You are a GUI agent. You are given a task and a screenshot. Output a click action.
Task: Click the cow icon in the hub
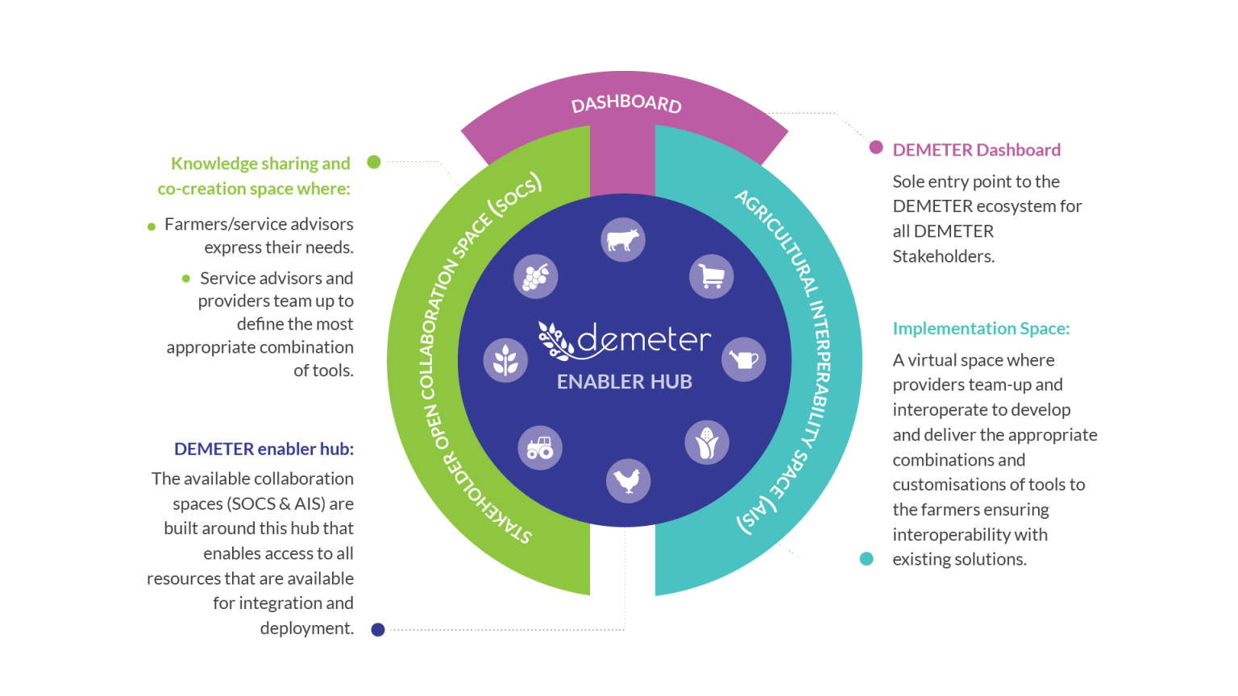pyautogui.click(x=623, y=240)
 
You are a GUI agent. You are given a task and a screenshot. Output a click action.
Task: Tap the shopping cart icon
pyautogui.click(x=712, y=276)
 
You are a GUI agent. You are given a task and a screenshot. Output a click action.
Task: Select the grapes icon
pyautogui.click(x=535, y=276)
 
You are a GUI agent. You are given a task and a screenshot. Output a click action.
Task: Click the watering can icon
pyautogui.click(x=743, y=359)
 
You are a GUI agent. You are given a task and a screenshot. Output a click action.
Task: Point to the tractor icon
pyautogui.click(x=540, y=447)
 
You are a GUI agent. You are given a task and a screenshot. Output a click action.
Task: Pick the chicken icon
pyautogui.click(x=628, y=481)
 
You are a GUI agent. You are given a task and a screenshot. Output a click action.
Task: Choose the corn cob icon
pyautogui.click(x=707, y=442)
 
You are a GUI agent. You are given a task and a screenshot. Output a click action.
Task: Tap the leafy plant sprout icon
pyautogui.click(x=505, y=360)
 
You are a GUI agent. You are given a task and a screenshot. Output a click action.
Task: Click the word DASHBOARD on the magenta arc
pyautogui.click(x=626, y=104)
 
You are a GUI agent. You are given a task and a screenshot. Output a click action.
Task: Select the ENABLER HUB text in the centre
pyautogui.click(x=624, y=382)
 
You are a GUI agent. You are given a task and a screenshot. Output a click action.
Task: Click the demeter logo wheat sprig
pyautogui.click(x=555, y=342)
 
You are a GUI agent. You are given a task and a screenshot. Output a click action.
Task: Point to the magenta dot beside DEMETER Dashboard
pyautogui.click(x=875, y=147)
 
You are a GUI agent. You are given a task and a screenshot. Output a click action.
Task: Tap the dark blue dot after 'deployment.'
pyautogui.click(x=377, y=630)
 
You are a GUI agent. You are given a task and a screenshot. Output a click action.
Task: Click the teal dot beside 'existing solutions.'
pyautogui.click(x=866, y=559)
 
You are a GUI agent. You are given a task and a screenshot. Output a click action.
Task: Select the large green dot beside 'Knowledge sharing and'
pyautogui.click(x=374, y=162)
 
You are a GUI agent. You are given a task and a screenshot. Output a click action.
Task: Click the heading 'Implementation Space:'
pyautogui.click(x=981, y=329)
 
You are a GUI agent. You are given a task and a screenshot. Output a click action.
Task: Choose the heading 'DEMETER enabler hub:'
pyautogui.click(x=264, y=449)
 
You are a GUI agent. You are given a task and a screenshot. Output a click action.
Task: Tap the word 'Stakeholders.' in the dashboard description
pyautogui.click(x=944, y=256)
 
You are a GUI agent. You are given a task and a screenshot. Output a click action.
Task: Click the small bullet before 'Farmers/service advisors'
pyautogui.click(x=152, y=226)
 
